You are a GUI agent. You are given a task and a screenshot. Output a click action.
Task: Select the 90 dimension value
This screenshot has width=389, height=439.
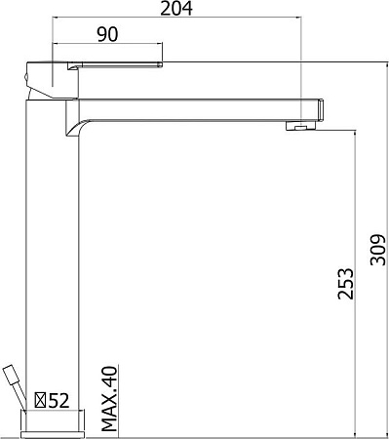[x=107, y=34]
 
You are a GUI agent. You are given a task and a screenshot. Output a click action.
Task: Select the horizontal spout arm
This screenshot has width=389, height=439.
[x=195, y=106]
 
